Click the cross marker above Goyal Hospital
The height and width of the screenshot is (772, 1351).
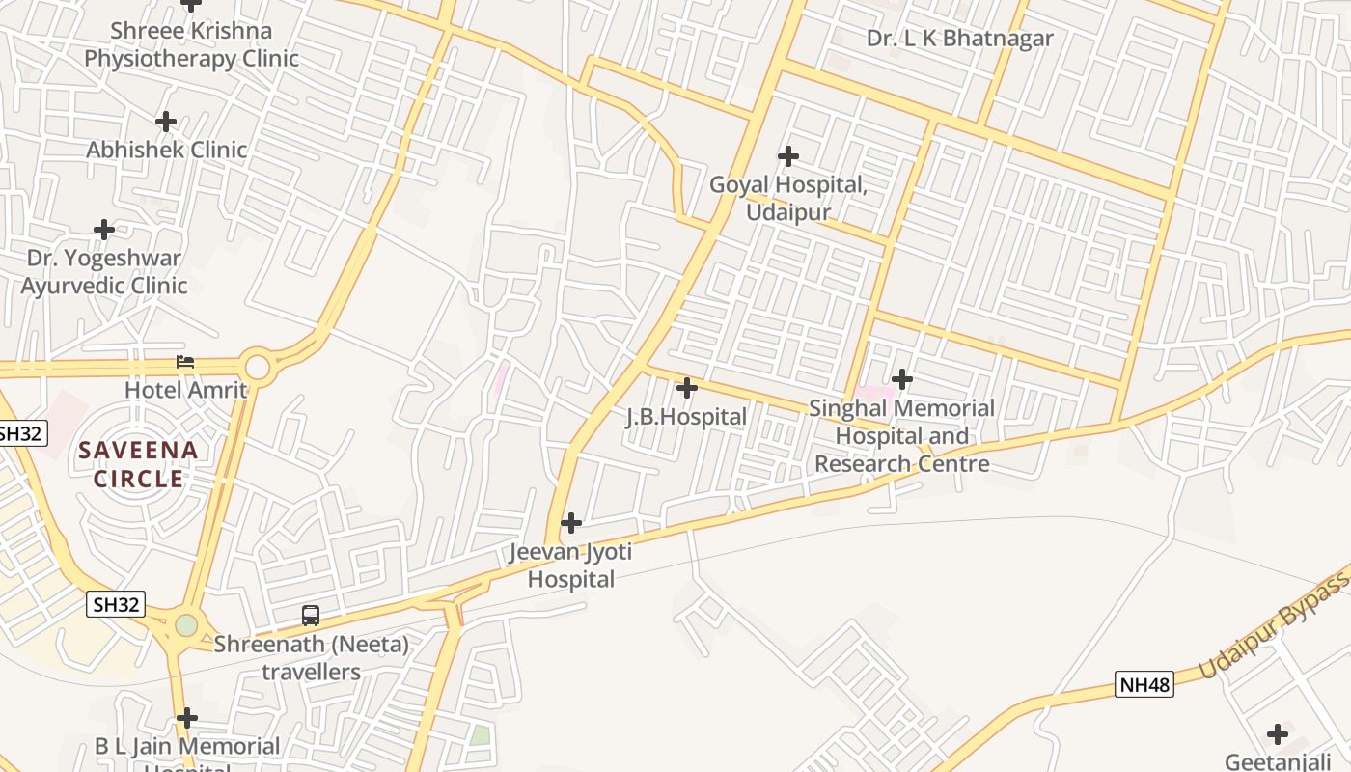788,156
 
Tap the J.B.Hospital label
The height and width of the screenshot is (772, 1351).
686,417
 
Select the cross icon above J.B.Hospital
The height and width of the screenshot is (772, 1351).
686,388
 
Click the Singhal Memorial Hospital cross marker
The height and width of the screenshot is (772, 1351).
901,379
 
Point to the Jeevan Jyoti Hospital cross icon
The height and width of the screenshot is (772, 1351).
571,523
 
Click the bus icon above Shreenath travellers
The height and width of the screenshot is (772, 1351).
311,615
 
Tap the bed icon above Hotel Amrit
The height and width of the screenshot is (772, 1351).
185,362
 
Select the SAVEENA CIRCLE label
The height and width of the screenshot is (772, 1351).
139,464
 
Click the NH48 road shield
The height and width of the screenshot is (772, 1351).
1144,685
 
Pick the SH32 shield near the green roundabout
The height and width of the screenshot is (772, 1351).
117,605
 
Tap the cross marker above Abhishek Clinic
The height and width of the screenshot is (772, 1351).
166,122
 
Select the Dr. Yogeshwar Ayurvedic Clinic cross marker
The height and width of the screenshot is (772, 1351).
104,230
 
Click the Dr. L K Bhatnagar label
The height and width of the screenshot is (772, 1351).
959,39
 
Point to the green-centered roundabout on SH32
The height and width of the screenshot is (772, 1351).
186,625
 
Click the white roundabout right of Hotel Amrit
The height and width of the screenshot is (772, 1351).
258,367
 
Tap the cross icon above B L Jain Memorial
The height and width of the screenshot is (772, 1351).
187,718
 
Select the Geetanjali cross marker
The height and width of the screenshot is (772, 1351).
1277,734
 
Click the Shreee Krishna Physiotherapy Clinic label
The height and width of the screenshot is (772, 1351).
191,44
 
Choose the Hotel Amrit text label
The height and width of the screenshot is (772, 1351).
185,390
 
